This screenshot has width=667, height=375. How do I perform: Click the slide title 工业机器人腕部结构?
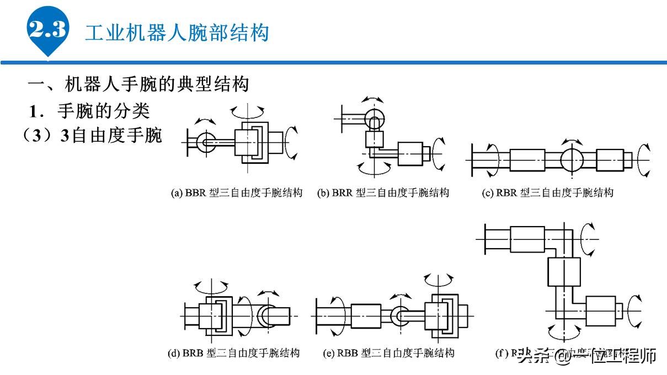177,33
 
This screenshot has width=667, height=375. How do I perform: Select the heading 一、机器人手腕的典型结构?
138,84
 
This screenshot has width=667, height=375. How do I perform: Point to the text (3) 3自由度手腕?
92,136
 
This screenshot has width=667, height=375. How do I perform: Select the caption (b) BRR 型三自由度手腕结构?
383,192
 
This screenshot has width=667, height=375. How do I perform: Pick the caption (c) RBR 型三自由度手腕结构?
547,192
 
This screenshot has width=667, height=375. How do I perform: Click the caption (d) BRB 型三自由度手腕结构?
233,353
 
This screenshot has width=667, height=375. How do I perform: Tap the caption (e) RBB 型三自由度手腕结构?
388,353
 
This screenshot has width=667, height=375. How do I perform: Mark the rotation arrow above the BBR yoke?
248,110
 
